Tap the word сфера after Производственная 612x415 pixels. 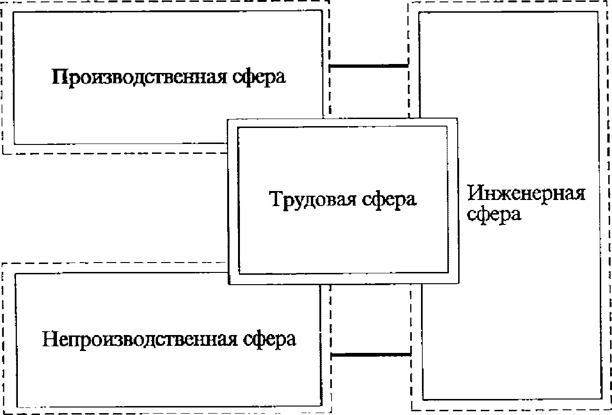258,77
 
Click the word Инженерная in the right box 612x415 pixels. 526,193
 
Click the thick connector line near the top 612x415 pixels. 368,66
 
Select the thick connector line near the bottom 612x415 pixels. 371,354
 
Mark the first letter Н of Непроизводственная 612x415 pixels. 49,339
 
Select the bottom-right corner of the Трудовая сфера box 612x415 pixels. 457,284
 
